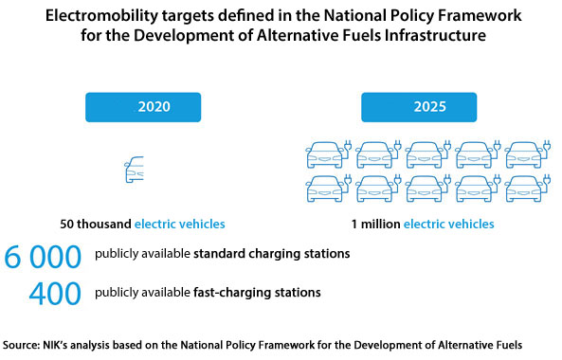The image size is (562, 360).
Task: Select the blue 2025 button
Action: click(422, 107)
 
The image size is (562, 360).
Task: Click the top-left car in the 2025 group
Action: click(324, 153)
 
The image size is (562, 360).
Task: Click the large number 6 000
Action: click(45, 257)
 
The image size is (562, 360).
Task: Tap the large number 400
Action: click(55, 293)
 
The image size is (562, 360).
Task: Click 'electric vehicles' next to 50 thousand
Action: click(180, 225)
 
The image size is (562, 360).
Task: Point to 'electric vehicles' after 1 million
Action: click(448, 225)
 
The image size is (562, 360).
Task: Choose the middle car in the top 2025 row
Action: click(423, 153)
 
